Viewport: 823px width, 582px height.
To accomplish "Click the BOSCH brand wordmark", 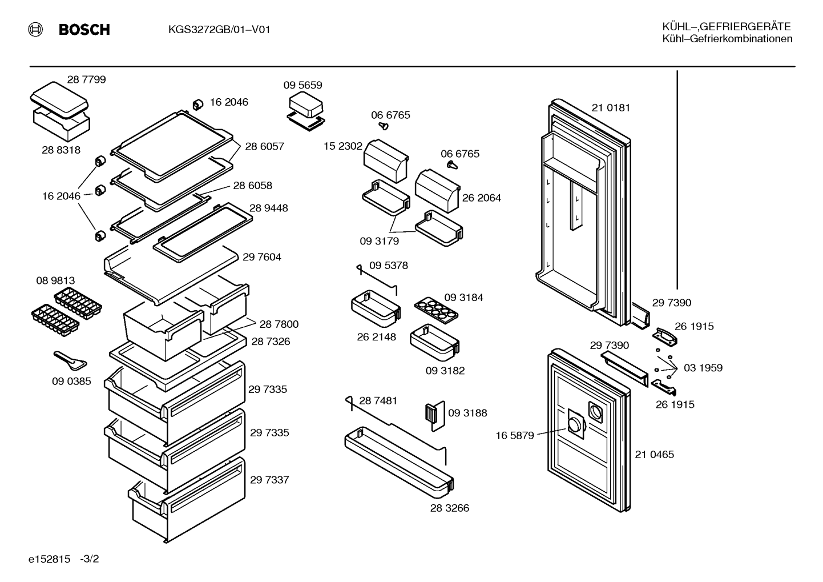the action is click(x=84, y=29).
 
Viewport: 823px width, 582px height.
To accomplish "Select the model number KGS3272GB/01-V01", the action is click(x=219, y=29).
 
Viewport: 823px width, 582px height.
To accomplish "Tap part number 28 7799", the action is click(x=86, y=79).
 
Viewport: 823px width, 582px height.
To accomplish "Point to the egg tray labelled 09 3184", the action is click(x=436, y=311).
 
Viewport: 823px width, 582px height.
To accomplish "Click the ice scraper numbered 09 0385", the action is click(x=70, y=360).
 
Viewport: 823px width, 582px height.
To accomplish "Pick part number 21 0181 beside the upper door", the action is click(x=611, y=108).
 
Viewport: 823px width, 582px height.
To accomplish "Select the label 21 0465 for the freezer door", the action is click(x=655, y=455).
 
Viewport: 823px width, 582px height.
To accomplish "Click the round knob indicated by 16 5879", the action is click(x=574, y=426).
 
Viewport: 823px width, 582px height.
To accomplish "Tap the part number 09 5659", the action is click(x=302, y=85).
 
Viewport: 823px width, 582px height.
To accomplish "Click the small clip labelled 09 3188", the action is click(x=435, y=416).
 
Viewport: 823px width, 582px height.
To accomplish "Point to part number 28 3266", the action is click(x=450, y=508).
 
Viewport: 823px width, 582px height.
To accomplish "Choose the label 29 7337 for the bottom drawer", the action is click(x=269, y=480).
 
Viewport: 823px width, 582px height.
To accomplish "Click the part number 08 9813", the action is click(x=55, y=280).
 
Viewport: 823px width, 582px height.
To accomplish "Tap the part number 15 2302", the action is click(x=343, y=146).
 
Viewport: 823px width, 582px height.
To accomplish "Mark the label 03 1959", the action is click(x=703, y=368).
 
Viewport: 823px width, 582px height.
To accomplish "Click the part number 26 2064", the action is click(x=481, y=198).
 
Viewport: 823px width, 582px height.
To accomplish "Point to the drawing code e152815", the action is click(x=49, y=559).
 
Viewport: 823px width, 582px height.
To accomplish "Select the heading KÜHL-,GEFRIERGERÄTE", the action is click(x=727, y=26).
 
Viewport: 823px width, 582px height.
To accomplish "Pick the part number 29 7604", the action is click(x=261, y=257).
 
